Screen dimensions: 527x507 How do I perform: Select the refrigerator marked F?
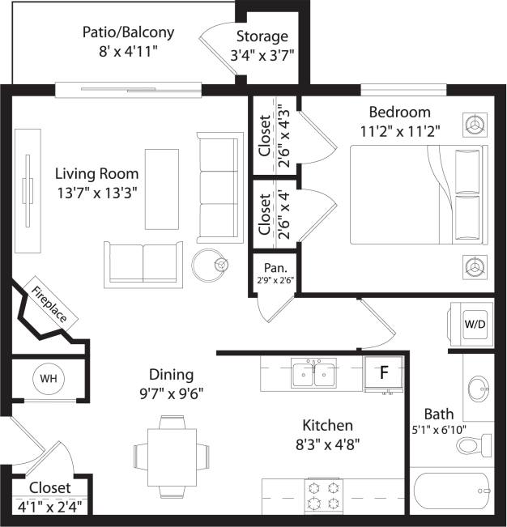385,373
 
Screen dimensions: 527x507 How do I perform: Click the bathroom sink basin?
478,389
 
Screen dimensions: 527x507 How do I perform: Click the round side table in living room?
208,263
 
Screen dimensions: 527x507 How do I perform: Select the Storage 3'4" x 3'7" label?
262,45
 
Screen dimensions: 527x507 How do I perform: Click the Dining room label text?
171,375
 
